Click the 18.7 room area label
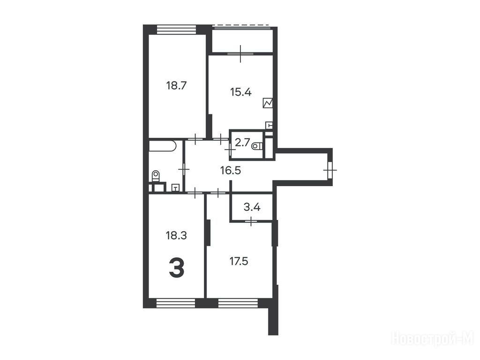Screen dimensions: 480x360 click(176, 85)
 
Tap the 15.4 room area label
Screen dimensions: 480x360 click(241, 92)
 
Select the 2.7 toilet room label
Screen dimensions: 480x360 click(242, 142)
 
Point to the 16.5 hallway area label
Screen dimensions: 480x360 click(231, 171)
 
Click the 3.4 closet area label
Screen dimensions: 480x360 click(252, 207)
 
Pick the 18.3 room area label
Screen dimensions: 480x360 click(176, 235)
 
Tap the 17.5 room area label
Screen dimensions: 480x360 click(239, 262)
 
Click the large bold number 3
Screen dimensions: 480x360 click(177, 268)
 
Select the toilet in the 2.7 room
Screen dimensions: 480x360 click(257, 146)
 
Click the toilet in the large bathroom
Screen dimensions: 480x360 click(156, 176)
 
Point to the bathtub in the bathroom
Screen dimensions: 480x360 click(162, 146)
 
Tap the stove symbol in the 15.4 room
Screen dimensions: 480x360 click(268, 103)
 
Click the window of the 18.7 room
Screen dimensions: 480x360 click(176, 30)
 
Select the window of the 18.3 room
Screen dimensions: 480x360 click(176, 303)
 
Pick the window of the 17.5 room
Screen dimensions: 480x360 click(239, 303)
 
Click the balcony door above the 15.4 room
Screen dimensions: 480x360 click(240, 53)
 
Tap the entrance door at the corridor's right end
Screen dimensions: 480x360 click(330, 170)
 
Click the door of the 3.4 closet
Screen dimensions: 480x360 click(251, 220)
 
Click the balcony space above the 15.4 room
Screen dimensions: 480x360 click(242, 41)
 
